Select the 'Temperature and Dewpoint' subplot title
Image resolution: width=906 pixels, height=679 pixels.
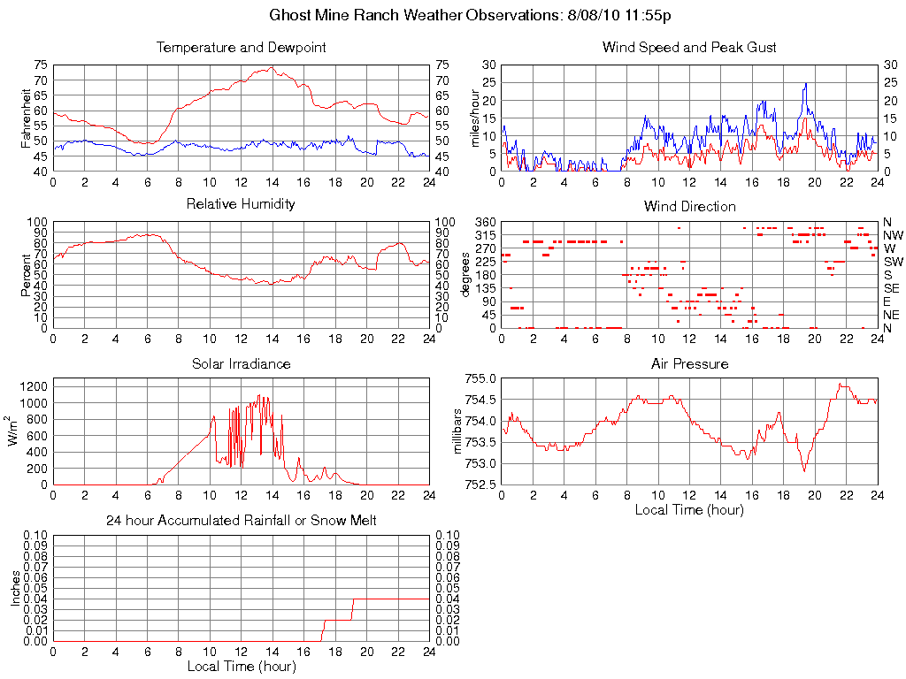pyautogui.click(x=241, y=48)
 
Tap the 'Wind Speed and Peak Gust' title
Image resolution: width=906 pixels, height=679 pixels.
pyautogui.click(x=689, y=48)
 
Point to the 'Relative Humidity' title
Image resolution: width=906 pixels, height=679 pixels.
pyautogui.click(x=241, y=204)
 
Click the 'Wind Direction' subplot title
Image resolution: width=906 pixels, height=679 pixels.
pyautogui.click(x=689, y=207)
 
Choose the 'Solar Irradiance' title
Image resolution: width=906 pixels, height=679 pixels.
pyautogui.click(x=241, y=364)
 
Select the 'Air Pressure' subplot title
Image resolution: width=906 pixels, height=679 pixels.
pyautogui.click(x=689, y=364)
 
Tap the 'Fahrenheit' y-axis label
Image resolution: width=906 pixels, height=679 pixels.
pyautogui.click(x=27, y=118)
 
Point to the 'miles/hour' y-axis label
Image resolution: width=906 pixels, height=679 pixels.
pyautogui.click(x=475, y=118)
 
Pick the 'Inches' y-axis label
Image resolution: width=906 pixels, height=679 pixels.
pyautogui.click(x=15, y=588)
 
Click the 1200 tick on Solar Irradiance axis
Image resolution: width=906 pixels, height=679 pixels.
pyautogui.click(x=32, y=386)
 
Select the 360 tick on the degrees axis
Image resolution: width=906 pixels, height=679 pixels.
pyautogui.click(x=483, y=221)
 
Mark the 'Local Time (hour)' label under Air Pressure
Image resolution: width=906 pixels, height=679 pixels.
pyautogui.click(x=689, y=509)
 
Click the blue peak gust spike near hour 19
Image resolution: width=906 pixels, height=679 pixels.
pyautogui.click(x=806, y=85)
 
